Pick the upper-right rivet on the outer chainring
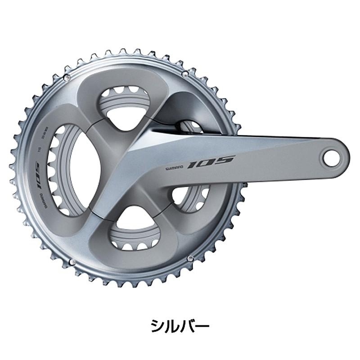(x=184, y=73)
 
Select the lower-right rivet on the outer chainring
(x=189, y=258)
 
